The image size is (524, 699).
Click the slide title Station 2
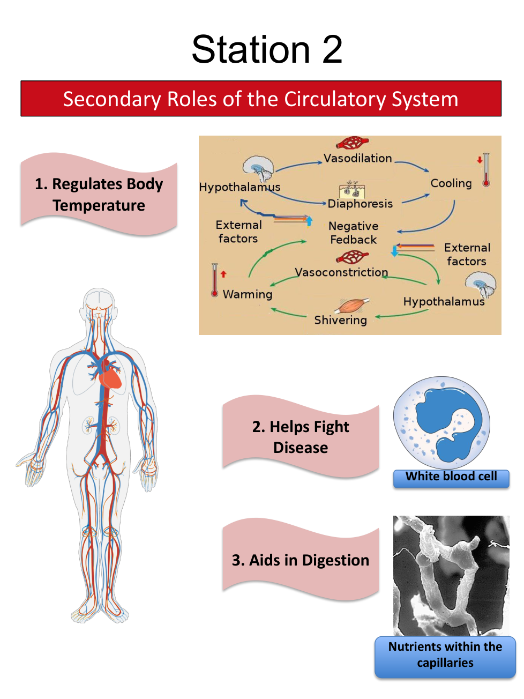pyautogui.click(x=267, y=50)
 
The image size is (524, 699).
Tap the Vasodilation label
pyautogui.click(x=357, y=158)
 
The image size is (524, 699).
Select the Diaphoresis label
pyautogui.click(x=360, y=204)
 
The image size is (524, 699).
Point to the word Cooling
pyautogui.click(x=451, y=183)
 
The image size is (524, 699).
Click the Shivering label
pyautogui.click(x=340, y=320)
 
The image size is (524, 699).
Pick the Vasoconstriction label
pyautogui.click(x=341, y=272)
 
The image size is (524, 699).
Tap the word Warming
pyautogui.click(x=248, y=294)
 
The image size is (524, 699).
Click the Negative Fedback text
pyautogui.click(x=354, y=233)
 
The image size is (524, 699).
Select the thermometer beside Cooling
pyautogui.click(x=486, y=170)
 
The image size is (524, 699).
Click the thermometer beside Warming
pyautogui.click(x=215, y=280)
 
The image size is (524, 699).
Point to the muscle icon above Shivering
pyautogui.click(x=351, y=306)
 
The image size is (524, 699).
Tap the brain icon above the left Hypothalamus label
pyautogui.click(x=258, y=168)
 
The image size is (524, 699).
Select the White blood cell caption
pyautogui.click(x=451, y=477)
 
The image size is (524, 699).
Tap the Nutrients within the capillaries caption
pyautogui.click(x=445, y=655)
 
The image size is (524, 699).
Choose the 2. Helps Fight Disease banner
pyautogui.click(x=301, y=437)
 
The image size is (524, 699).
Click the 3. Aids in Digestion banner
pyautogui.click(x=301, y=560)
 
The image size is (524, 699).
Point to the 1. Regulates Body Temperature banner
pyautogui.click(x=99, y=195)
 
